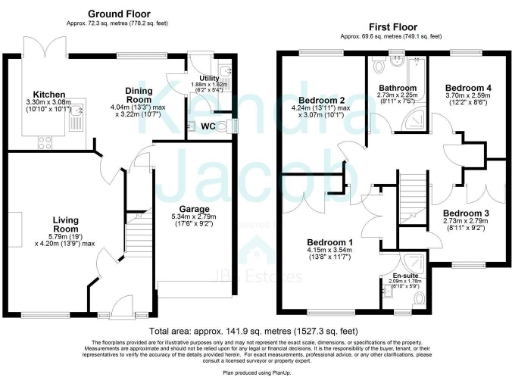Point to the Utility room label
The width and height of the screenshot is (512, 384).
coord(209,77)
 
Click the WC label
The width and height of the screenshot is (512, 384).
coord(208,126)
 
